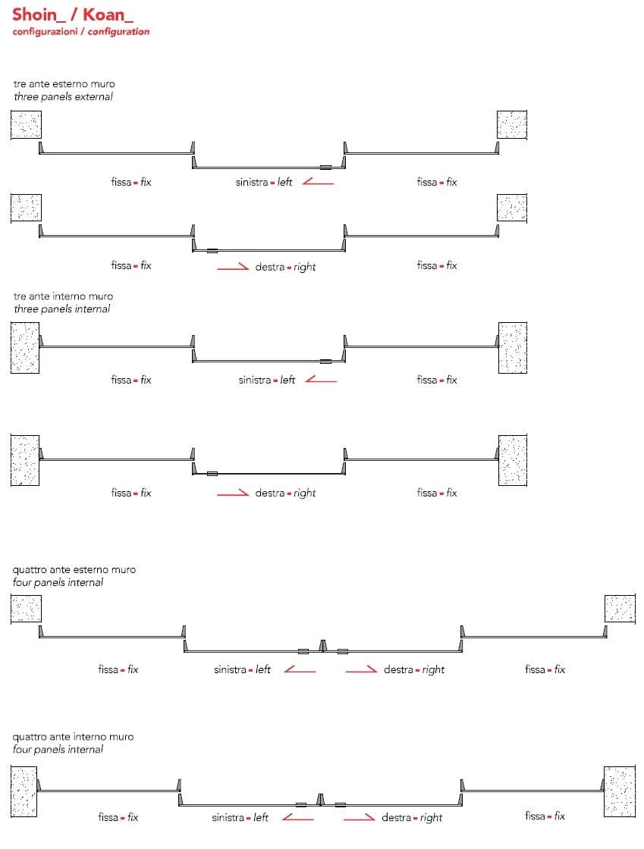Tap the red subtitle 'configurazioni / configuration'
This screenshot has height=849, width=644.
point(80,32)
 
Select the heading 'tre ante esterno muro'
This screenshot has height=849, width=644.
point(64,83)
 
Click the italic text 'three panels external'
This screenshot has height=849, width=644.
point(63,96)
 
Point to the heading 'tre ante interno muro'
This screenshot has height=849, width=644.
point(63,296)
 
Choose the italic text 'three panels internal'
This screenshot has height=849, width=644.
point(61,309)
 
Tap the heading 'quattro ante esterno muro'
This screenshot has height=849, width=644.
point(74,569)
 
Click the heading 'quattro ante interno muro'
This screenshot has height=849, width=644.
point(74,736)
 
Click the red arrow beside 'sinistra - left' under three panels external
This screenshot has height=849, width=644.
point(318,182)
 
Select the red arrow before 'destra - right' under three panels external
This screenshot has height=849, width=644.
point(232,267)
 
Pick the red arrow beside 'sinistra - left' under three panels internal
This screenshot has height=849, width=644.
point(320,380)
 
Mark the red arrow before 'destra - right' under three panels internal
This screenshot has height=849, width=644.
point(233,493)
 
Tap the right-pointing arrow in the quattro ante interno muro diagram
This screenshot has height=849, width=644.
point(359,817)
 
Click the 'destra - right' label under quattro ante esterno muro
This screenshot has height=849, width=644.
point(414,669)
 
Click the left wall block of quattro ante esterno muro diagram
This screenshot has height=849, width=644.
point(26,609)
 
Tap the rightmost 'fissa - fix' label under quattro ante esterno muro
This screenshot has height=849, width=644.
point(545,669)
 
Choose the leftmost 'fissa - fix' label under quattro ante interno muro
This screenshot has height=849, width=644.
point(118,817)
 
